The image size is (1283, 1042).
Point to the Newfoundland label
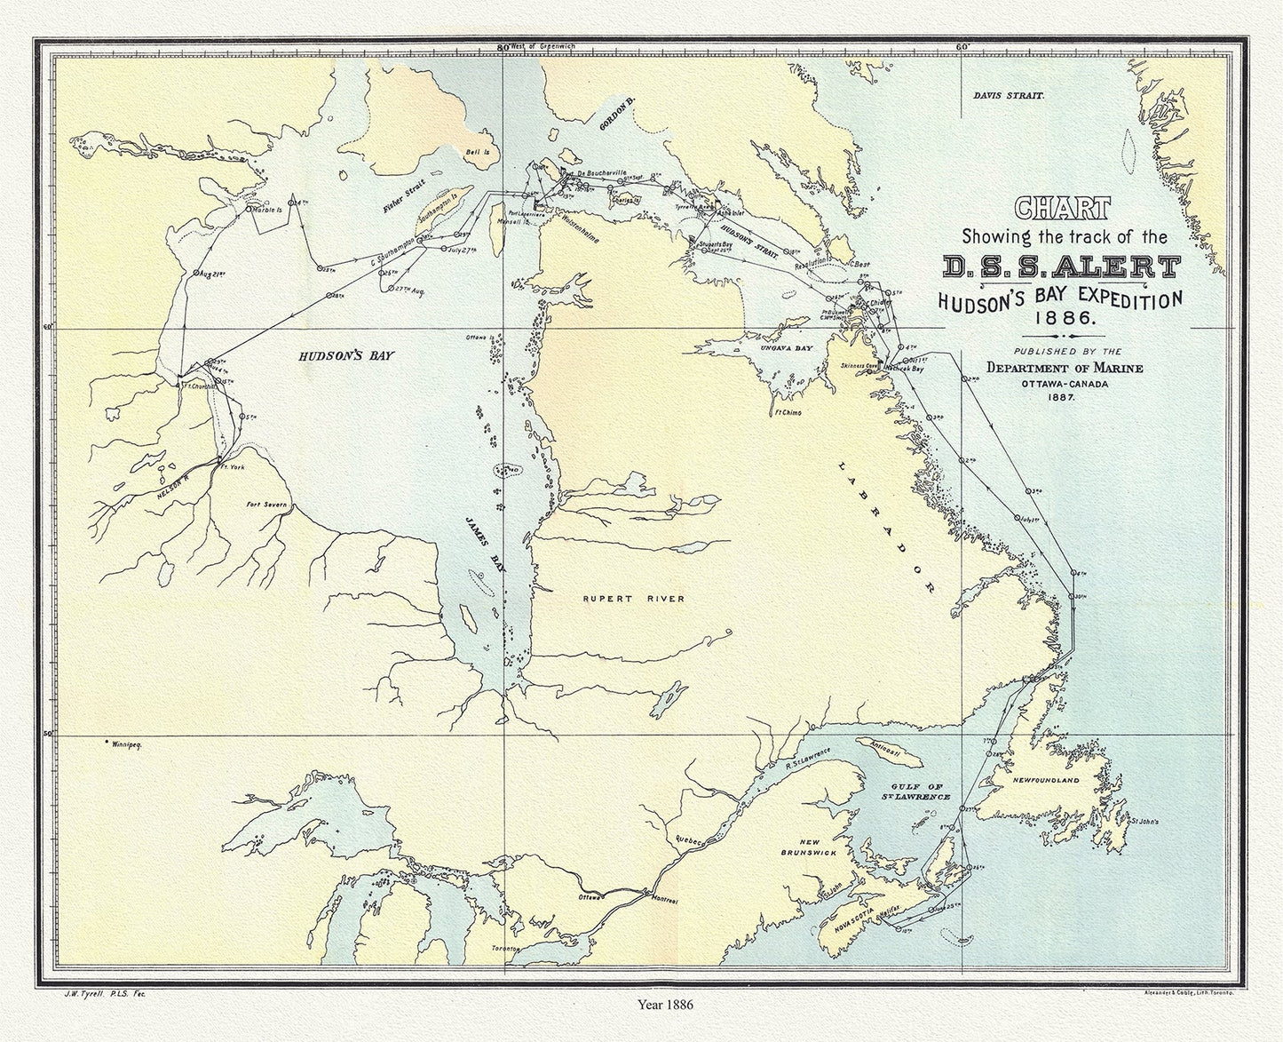1045,780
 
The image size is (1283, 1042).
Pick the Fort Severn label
266,505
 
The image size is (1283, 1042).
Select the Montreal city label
665,900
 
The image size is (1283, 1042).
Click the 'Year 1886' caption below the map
665,1005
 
